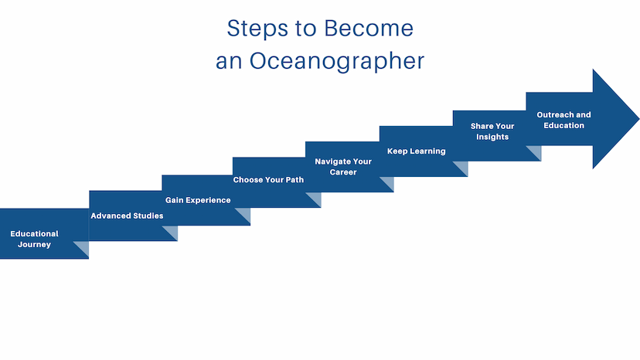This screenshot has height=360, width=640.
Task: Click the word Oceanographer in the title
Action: pyautogui.click(x=337, y=62)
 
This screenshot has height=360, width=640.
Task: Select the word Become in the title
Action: pyautogui.click(x=369, y=28)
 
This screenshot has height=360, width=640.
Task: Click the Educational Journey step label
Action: pyautogui.click(x=34, y=239)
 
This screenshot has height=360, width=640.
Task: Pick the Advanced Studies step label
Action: pyautogui.click(x=127, y=216)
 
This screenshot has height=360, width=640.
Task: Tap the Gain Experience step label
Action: pyautogui.click(x=198, y=200)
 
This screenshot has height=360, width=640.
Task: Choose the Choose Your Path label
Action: pyautogui.click(x=268, y=179)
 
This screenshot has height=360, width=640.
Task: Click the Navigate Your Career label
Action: pyautogui.click(x=343, y=167)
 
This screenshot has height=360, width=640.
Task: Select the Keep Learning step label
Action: pyautogui.click(x=417, y=151)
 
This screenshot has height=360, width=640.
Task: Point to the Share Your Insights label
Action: pyautogui.click(x=492, y=131)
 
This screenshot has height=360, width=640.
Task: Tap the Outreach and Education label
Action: pyautogui.click(x=563, y=120)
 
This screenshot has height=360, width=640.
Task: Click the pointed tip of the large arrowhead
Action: pyautogui.click(x=638, y=119)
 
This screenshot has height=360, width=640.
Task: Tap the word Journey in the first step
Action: pyautogui.click(x=34, y=244)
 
